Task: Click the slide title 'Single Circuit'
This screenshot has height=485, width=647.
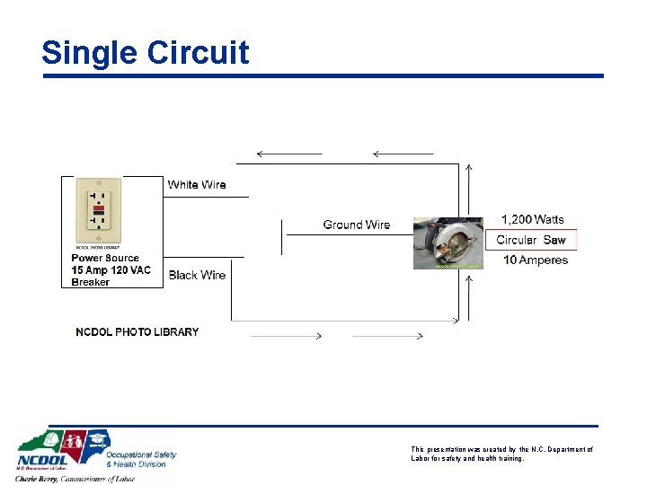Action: [x=145, y=53]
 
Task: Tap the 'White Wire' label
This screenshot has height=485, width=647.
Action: [x=197, y=185]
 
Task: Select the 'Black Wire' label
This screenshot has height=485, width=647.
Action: [x=197, y=275]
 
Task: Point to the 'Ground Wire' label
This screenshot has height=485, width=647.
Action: [x=357, y=225]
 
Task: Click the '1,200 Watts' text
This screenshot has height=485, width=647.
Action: [x=533, y=219]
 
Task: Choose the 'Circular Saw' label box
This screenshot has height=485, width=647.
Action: [x=531, y=240]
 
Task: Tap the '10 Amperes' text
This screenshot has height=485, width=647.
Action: [x=536, y=260]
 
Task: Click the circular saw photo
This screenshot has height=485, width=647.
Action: [x=448, y=242]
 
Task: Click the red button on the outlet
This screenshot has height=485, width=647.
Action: [x=98, y=208]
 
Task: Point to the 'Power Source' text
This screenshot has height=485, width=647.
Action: [x=105, y=259]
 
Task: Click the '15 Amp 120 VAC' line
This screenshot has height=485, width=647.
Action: [x=111, y=270]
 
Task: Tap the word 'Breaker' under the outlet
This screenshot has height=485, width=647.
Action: [x=91, y=282]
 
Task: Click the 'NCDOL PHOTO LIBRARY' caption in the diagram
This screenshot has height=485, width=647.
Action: [x=137, y=332]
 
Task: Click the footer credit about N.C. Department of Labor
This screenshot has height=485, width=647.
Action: [x=501, y=454]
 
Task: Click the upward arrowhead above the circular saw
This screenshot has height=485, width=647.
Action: [x=469, y=168]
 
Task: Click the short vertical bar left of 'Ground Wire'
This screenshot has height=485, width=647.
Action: [x=283, y=236]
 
